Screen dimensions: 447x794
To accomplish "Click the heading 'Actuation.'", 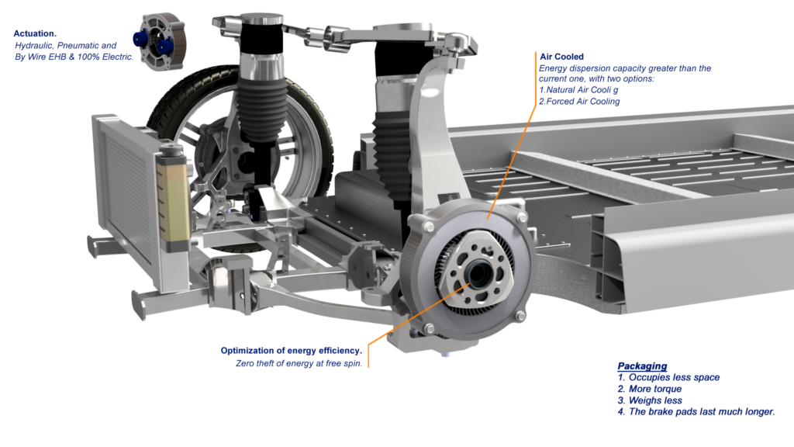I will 35,34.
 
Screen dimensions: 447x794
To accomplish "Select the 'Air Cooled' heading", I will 561,57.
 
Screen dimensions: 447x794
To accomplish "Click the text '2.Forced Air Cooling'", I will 579,101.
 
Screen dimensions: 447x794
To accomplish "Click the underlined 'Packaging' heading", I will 642,366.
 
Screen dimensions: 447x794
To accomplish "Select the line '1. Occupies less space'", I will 668,377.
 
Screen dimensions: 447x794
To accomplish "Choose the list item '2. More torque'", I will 649,389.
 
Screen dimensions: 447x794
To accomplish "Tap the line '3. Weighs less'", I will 649,400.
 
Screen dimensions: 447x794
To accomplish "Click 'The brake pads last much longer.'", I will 702,412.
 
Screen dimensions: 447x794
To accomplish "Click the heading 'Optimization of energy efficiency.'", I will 291,351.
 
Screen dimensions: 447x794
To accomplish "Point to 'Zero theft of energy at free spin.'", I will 299,363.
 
